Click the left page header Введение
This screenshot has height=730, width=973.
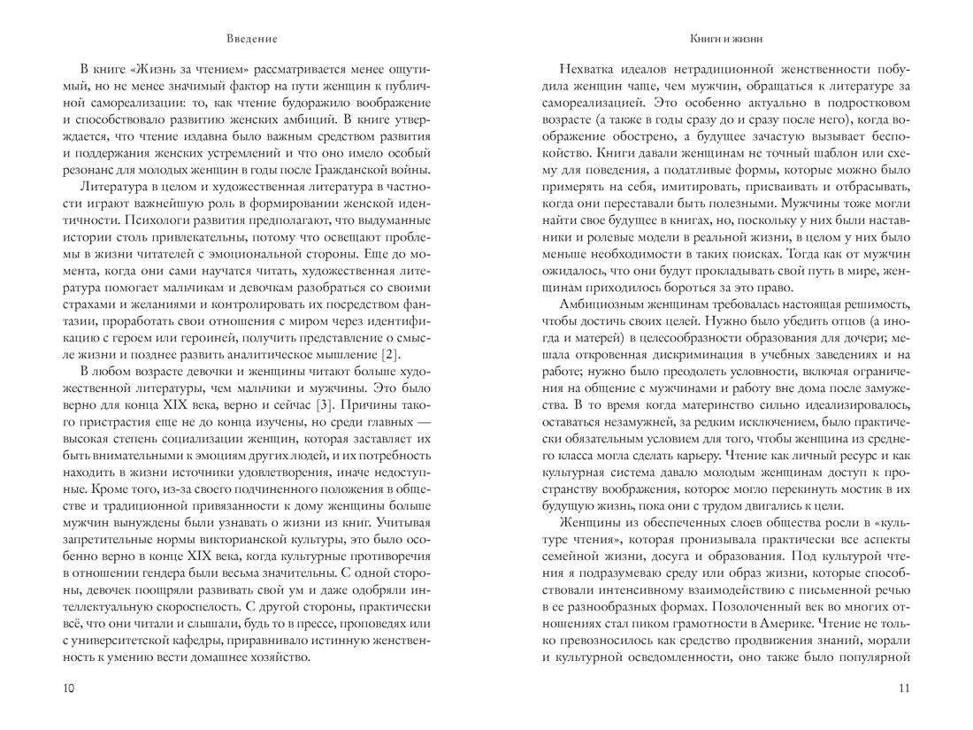point(252,39)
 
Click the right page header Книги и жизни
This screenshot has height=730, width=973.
point(725,39)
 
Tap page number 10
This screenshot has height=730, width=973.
point(70,689)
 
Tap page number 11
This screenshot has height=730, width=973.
point(902,689)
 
